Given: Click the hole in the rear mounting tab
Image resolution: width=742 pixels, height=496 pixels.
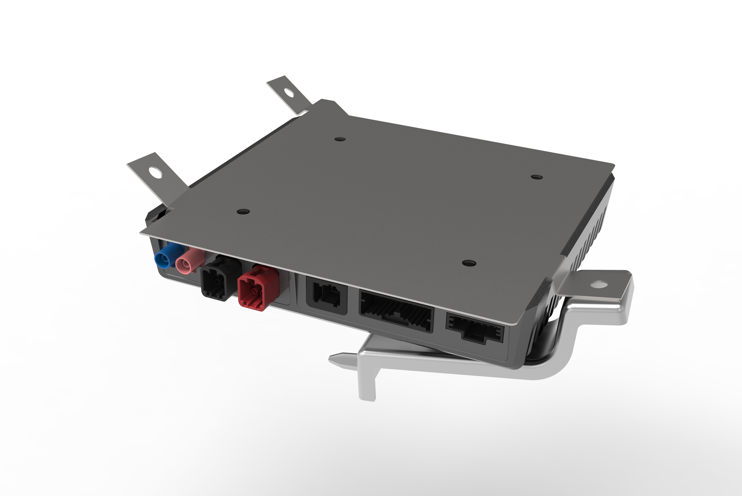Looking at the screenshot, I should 289,92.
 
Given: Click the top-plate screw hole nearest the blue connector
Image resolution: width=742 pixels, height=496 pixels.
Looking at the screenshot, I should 243,211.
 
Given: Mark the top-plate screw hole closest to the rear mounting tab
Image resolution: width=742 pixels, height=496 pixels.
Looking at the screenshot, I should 340,139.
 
